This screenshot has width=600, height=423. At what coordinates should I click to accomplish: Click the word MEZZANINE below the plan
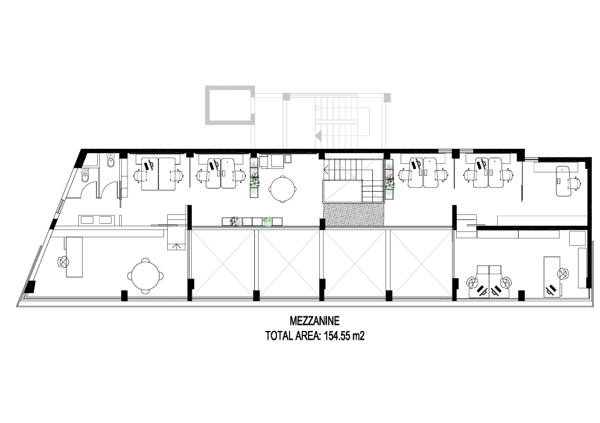pos(315,320)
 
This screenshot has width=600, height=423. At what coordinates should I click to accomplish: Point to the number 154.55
pos(337,336)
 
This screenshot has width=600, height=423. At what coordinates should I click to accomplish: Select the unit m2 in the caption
pos(358,336)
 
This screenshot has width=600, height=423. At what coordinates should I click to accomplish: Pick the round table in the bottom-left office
pos(145,276)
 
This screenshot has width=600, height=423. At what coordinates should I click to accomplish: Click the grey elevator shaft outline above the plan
pos(230,105)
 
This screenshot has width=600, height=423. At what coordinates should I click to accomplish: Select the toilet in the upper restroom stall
pos(110,162)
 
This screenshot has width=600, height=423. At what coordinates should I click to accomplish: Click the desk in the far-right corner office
pos(564,181)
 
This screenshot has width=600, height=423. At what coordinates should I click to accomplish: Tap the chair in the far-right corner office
pos(575,184)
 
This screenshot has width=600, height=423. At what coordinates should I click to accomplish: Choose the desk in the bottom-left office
pos(74,257)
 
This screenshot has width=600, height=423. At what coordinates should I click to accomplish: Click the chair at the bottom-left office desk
pos(62,262)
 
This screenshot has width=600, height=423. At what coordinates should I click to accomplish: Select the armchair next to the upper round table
pos(271,161)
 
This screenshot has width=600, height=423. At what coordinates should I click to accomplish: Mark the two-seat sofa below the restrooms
pos(96,220)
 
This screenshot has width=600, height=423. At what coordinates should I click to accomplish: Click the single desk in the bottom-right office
pos(553,277)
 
